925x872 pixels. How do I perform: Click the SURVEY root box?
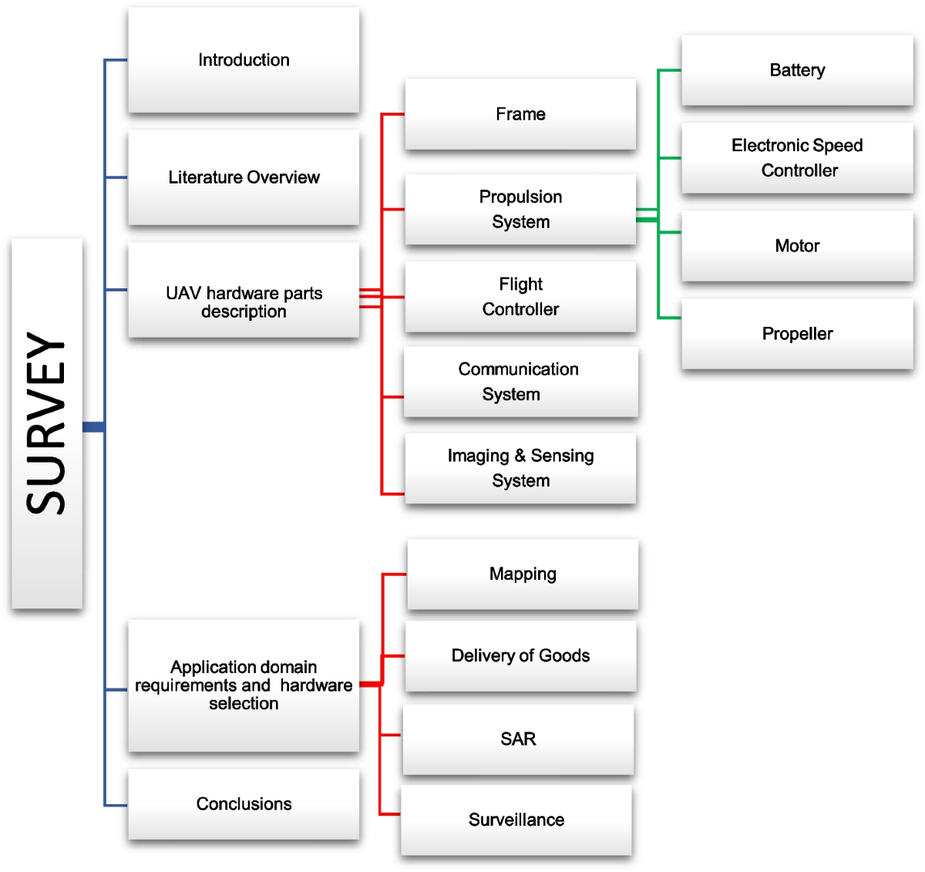47,423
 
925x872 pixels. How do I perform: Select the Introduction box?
244,60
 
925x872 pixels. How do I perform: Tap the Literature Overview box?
244,177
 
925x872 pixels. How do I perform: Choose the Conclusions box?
244,804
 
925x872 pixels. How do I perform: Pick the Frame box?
520,114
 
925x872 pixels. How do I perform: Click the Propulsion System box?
520,210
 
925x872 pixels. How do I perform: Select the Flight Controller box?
520,297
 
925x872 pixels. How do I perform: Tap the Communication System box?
520,382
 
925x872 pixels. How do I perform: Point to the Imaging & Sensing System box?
520,468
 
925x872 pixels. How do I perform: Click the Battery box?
797,70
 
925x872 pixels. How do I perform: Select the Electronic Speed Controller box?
797,158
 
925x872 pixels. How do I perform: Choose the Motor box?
797,246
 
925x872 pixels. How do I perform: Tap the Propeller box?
797,334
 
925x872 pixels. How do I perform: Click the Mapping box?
523,574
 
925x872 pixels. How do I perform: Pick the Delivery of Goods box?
520,656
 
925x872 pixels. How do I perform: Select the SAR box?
518,739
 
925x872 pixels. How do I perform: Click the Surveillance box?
516,820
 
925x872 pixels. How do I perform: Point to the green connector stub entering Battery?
669,70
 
